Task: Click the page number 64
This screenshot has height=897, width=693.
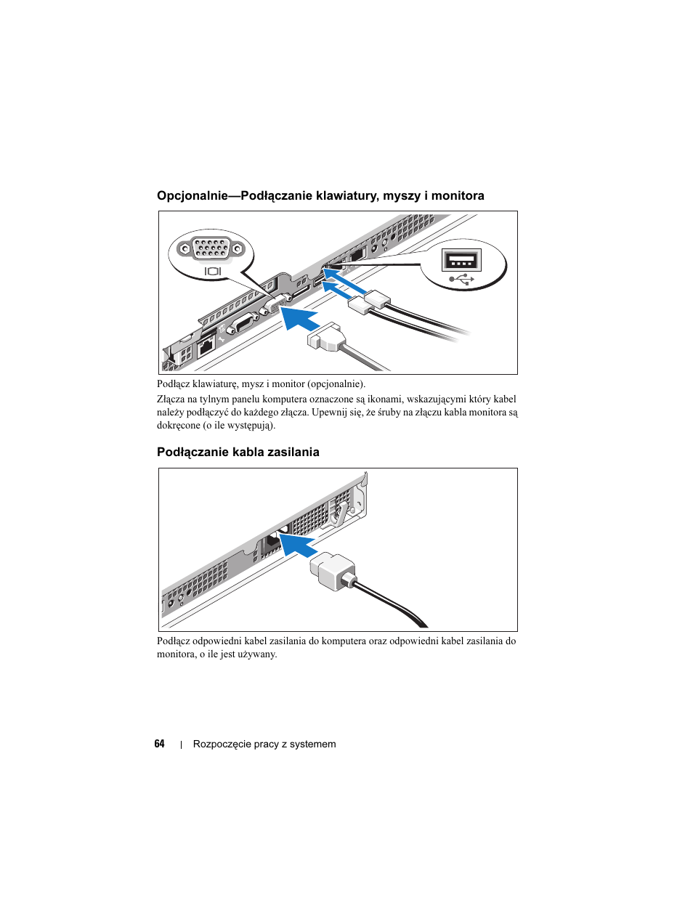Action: (x=159, y=744)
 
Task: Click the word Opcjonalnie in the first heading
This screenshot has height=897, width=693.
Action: (x=192, y=195)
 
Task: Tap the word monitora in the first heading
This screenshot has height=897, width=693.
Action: (x=458, y=195)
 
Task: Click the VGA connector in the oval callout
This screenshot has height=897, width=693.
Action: (x=211, y=250)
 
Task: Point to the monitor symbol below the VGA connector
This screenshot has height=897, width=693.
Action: (x=213, y=271)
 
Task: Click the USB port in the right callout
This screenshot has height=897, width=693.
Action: (x=461, y=260)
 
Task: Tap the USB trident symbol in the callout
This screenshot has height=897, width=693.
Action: (x=461, y=280)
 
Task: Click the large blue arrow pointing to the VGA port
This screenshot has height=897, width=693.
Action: (x=300, y=317)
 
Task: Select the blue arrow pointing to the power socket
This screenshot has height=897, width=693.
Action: (x=299, y=545)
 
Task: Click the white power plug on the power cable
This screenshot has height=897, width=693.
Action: (x=333, y=570)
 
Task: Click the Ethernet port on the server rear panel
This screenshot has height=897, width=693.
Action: (x=206, y=347)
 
